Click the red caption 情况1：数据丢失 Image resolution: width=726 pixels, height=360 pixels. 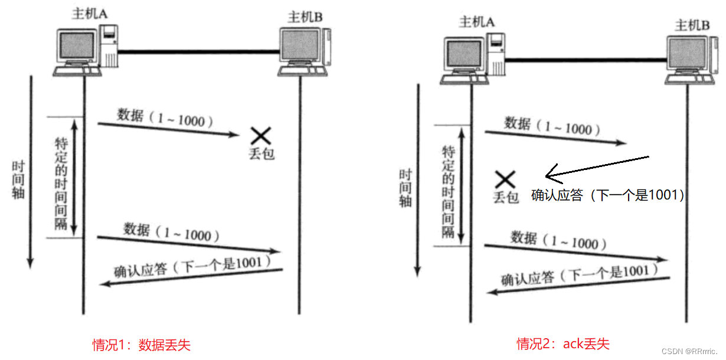(x=142, y=345)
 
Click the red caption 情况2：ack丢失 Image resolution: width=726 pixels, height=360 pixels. (x=563, y=343)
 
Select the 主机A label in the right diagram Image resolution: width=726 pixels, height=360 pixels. (x=476, y=22)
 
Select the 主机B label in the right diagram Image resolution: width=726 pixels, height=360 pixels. (x=692, y=25)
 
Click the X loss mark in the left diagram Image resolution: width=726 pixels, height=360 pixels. (x=260, y=136)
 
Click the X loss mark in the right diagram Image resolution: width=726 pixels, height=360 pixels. (x=505, y=179)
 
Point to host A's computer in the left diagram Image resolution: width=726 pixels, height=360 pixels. (x=77, y=50)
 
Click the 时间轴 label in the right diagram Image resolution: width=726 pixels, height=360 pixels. (x=405, y=188)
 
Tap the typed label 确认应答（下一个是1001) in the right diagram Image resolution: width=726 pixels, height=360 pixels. (x=607, y=195)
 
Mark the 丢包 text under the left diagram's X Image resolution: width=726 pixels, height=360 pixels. (x=261, y=155)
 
